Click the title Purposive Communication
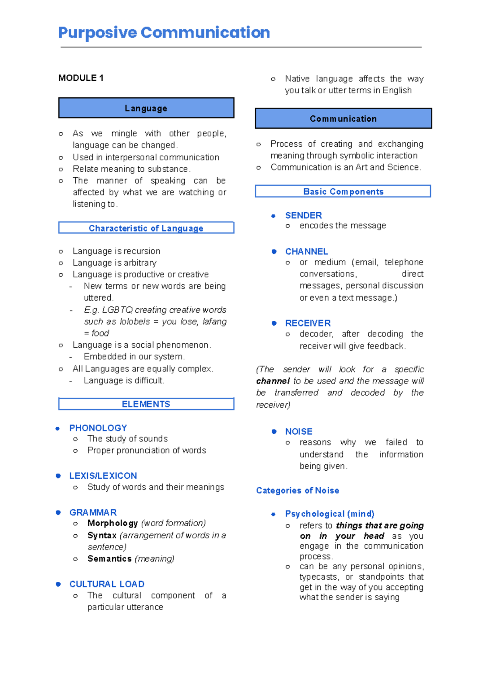click(x=164, y=33)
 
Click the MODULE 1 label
click(x=81, y=78)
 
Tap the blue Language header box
click(x=146, y=108)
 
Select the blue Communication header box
click(x=343, y=119)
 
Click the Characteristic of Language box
click(x=146, y=228)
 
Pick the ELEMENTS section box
click(x=146, y=404)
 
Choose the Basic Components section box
click(x=343, y=191)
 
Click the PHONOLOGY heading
click(x=98, y=428)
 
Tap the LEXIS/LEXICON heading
click(x=103, y=476)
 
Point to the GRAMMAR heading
click(x=93, y=513)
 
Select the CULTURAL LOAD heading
click(x=107, y=584)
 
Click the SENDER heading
click(x=303, y=215)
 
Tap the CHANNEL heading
click(x=306, y=252)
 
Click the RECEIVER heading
click(x=308, y=323)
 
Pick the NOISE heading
click(x=299, y=432)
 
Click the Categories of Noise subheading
click(x=297, y=490)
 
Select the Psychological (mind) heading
click(x=330, y=514)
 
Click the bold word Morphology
click(x=113, y=523)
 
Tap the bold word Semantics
click(x=109, y=559)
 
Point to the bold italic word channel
click(x=273, y=381)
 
